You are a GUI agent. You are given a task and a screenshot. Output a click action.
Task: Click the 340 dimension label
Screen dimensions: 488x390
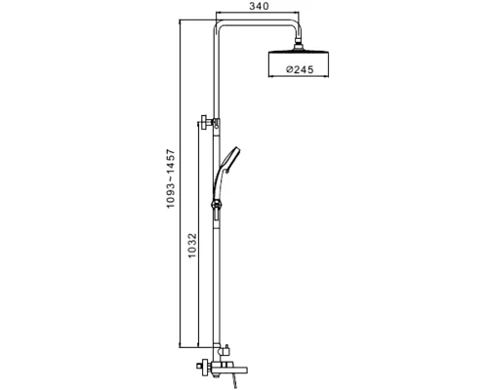point(260,6)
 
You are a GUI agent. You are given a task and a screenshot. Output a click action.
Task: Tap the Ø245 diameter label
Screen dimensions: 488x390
point(300,69)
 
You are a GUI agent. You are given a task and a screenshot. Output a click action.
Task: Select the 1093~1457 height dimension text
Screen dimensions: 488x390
point(171,178)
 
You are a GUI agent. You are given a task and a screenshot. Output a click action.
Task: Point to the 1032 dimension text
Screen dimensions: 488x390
point(192,246)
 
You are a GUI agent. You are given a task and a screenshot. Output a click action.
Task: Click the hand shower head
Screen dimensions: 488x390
point(230,159)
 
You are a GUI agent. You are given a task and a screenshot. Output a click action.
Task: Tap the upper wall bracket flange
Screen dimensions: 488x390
point(205,122)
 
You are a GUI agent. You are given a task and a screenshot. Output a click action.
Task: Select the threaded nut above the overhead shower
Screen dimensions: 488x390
point(298,45)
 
